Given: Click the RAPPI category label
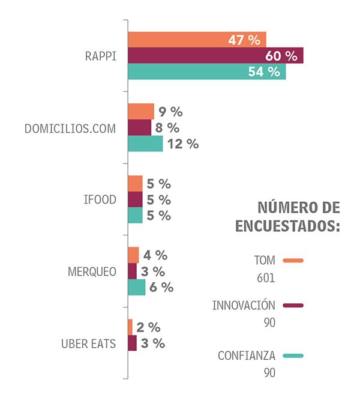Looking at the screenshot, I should pos(100,56).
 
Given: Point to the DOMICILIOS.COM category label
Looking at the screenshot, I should pos(70,128).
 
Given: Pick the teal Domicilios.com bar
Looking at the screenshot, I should pos(145,144).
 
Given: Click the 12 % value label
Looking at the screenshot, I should pos(183,144).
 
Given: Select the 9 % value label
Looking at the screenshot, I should pos(170,112).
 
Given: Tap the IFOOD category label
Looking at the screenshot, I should pos(100,200).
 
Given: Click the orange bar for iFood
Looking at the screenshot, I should pos(136,184).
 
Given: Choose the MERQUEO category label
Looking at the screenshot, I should pos(92,271).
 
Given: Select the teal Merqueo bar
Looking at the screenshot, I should pos(137,287).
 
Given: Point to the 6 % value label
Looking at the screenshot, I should pos(161,287).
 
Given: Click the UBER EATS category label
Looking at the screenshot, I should pos(88,344).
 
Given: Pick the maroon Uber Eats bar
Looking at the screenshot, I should pos(133,344).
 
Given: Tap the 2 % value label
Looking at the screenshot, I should pos(148,327).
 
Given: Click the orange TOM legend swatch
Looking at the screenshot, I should pos(293,261).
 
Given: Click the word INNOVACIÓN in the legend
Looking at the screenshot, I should pos(243,305).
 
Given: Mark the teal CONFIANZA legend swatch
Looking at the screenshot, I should pos(293,356).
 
